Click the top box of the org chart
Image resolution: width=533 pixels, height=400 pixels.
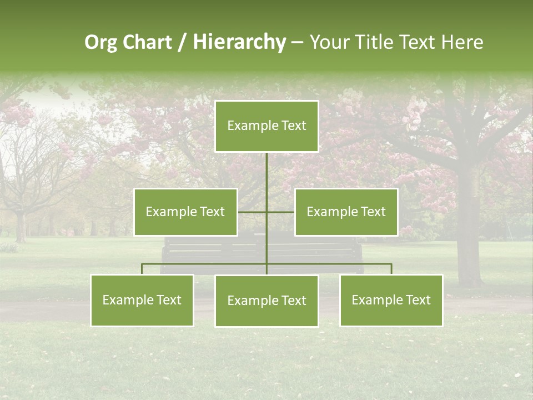pyautogui.click(x=266, y=126)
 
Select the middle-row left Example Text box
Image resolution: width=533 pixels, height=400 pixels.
pyautogui.click(x=185, y=212)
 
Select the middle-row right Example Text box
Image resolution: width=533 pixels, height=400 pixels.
pyautogui.click(x=346, y=212)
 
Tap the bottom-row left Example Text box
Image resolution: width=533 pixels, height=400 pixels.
pyautogui.click(x=142, y=300)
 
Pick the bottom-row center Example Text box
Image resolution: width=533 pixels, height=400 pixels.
pyautogui.click(x=266, y=301)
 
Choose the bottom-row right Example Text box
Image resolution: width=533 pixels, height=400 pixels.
pyautogui.click(x=391, y=300)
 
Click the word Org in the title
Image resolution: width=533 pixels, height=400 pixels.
pyautogui.click(x=100, y=42)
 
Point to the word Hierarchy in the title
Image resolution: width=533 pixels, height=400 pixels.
pyautogui.click(x=239, y=42)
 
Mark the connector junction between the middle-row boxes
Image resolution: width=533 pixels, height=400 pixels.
pyautogui.click(x=266, y=212)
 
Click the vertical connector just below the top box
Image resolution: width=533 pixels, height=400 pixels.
pyautogui.click(x=266, y=167)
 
